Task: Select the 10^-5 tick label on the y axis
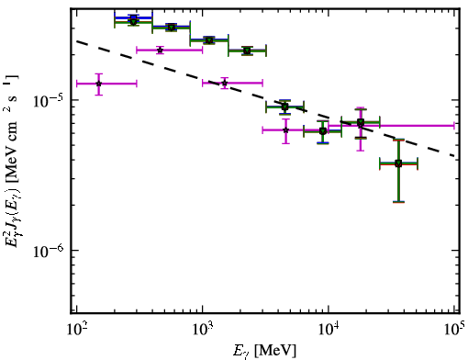pyautogui.click(x=48, y=100)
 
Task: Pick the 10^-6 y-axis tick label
pyautogui.click(x=48, y=251)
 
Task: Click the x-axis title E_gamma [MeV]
pyautogui.click(x=264, y=351)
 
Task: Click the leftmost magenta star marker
pyautogui.click(x=98, y=84)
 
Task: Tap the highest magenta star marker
pyautogui.click(x=160, y=50)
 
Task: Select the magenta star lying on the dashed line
pyautogui.click(x=225, y=83)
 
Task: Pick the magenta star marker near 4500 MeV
pyautogui.click(x=285, y=130)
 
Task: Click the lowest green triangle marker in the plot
pyautogui.click(x=398, y=163)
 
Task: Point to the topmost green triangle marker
pyautogui.click(x=133, y=21)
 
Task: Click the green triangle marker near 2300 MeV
pyautogui.click(x=247, y=51)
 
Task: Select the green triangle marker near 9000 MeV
pyautogui.click(x=323, y=131)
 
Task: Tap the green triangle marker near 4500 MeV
pyautogui.click(x=284, y=107)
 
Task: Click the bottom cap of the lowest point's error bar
pyautogui.click(x=398, y=202)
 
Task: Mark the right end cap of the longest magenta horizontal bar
pyautogui.click(x=454, y=125)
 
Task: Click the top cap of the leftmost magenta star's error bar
pyautogui.click(x=98, y=73)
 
